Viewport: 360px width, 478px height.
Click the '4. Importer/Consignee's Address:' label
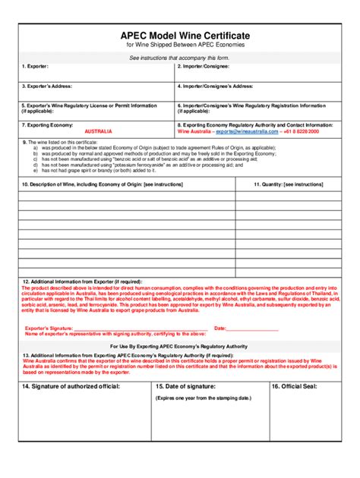point(216,86)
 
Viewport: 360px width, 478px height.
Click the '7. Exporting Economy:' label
point(46,124)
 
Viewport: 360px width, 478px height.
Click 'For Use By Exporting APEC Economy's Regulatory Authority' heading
point(181,345)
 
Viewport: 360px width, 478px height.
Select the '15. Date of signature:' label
point(185,386)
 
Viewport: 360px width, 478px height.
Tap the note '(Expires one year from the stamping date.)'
point(203,398)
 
